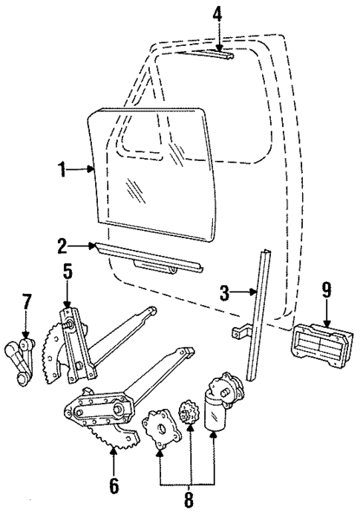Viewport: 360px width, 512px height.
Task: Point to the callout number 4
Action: coord(217,13)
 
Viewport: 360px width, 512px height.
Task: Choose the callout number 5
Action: coord(67,272)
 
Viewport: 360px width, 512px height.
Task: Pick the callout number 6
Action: coord(113,486)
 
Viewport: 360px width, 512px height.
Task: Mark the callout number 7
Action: coord(27,302)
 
